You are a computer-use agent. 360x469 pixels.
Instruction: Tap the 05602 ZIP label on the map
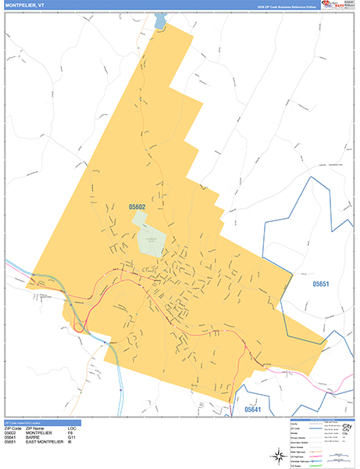pos(137,207)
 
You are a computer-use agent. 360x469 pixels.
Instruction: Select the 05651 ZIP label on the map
pos(322,284)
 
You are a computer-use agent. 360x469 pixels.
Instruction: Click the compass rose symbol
pos(278,456)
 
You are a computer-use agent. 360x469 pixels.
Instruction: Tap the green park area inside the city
pos(152,239)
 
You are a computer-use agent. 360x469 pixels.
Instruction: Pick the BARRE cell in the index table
pos(34,437)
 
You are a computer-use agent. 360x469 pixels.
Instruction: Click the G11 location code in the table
pos(72,437)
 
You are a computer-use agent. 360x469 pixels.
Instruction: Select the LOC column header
pos(72,428)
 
